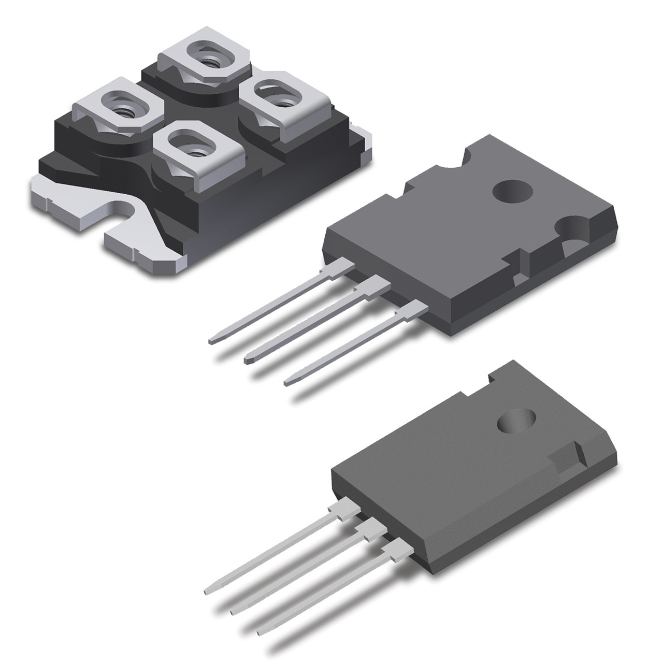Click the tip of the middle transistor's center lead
248,358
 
